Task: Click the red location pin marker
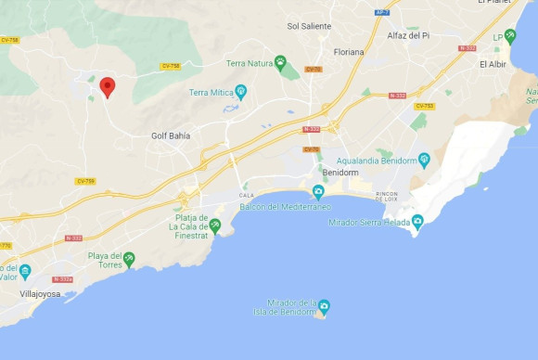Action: pos(108,87)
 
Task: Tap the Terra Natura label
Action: pos(248,63)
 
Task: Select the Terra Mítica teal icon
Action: pos(241,91)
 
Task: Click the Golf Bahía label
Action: pos(171,135)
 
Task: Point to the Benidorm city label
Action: pos(339,174)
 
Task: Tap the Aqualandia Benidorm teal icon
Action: pos(424,159)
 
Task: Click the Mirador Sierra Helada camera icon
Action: pos(417,221)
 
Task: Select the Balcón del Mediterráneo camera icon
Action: pos(318,192)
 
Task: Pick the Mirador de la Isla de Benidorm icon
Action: pos(324,306)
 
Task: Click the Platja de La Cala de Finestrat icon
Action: pos(215,225)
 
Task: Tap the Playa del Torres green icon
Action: pos(129,259)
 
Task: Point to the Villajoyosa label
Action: pos(41,293)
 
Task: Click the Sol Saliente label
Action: pos(309,26)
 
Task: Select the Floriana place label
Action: pos(349,52)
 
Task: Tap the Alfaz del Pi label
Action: pos(408,35)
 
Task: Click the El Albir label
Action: pos(493,64)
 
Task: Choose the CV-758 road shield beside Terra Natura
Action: pos(171,66)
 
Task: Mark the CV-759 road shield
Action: pos(84,181)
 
